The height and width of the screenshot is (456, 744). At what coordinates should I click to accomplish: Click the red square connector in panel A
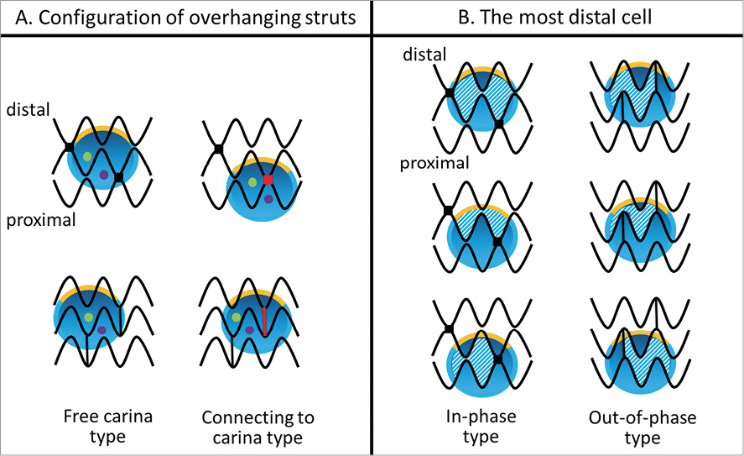tap(268, 180)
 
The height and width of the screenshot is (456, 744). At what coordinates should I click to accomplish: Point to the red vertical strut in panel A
tap(264, 322)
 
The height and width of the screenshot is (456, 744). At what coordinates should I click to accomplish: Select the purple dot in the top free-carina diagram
tap(103, 175)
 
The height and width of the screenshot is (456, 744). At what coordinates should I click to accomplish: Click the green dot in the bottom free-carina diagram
tap(88, 317)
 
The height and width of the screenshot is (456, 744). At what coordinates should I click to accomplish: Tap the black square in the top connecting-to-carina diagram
tap(218, 149)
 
